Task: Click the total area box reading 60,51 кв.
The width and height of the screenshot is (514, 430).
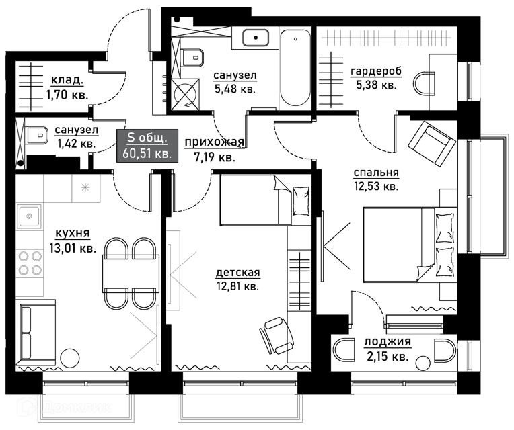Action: click(x=147, y=146)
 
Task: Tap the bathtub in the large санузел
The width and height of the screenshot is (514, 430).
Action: click(x=295, y=68)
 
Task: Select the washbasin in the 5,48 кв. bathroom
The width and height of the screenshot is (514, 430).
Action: click(x=256, y=38)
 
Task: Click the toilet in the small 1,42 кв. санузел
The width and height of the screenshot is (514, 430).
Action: click(x=36, y=136)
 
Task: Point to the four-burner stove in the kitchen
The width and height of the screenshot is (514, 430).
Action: click(x=30, y=263)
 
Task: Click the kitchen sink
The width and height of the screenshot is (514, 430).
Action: click(x=30, y=216)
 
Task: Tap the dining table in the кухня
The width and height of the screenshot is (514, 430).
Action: click(x=131, y=273)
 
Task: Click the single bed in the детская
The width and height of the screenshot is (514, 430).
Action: click(x=265, y=200)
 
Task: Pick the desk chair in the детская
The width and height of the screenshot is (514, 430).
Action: click(x=277, y=335)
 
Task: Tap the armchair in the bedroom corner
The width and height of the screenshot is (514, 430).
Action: click(x=432, y=144)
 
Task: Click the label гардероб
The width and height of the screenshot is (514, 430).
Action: click(x=376, y=71)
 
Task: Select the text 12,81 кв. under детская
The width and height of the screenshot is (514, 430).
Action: click(x=237, y=286)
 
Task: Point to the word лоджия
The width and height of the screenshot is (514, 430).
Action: click(x=388, y=342)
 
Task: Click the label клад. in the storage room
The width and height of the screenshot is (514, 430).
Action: click(x=67, y=80)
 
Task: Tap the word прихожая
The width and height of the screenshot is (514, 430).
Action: click(x=215, y=142)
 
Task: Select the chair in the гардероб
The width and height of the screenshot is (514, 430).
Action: click(x=424, y=83)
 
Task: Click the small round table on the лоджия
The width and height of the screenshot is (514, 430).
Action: click(x=423, y=363)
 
